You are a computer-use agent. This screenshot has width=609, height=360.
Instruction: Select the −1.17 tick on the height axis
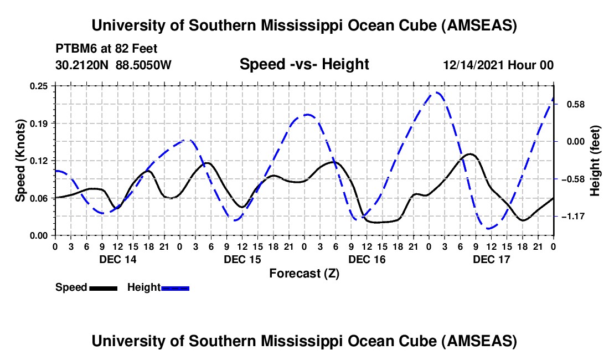[572, 216]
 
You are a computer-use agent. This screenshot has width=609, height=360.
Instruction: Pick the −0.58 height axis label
[572, 179]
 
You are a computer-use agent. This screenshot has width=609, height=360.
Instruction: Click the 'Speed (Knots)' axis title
[20, 161]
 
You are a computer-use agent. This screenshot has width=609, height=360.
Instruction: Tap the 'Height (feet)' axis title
[595, 161]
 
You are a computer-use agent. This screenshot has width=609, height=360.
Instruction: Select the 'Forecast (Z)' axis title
[304, 273]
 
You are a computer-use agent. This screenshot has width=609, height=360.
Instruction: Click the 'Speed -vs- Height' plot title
[304, 65]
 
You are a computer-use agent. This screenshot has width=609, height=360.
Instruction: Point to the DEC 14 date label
[118, 259]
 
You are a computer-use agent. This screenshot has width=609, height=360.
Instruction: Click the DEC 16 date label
[367, 259]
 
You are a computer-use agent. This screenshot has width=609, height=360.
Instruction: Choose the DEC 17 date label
[492, 259]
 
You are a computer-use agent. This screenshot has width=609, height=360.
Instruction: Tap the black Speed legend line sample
[103, 288]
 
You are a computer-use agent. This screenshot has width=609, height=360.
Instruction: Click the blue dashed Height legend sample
[176, 288]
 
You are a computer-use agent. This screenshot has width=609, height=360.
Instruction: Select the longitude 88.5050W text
[144, 65]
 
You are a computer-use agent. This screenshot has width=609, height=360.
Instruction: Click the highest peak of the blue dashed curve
[437, 92]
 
